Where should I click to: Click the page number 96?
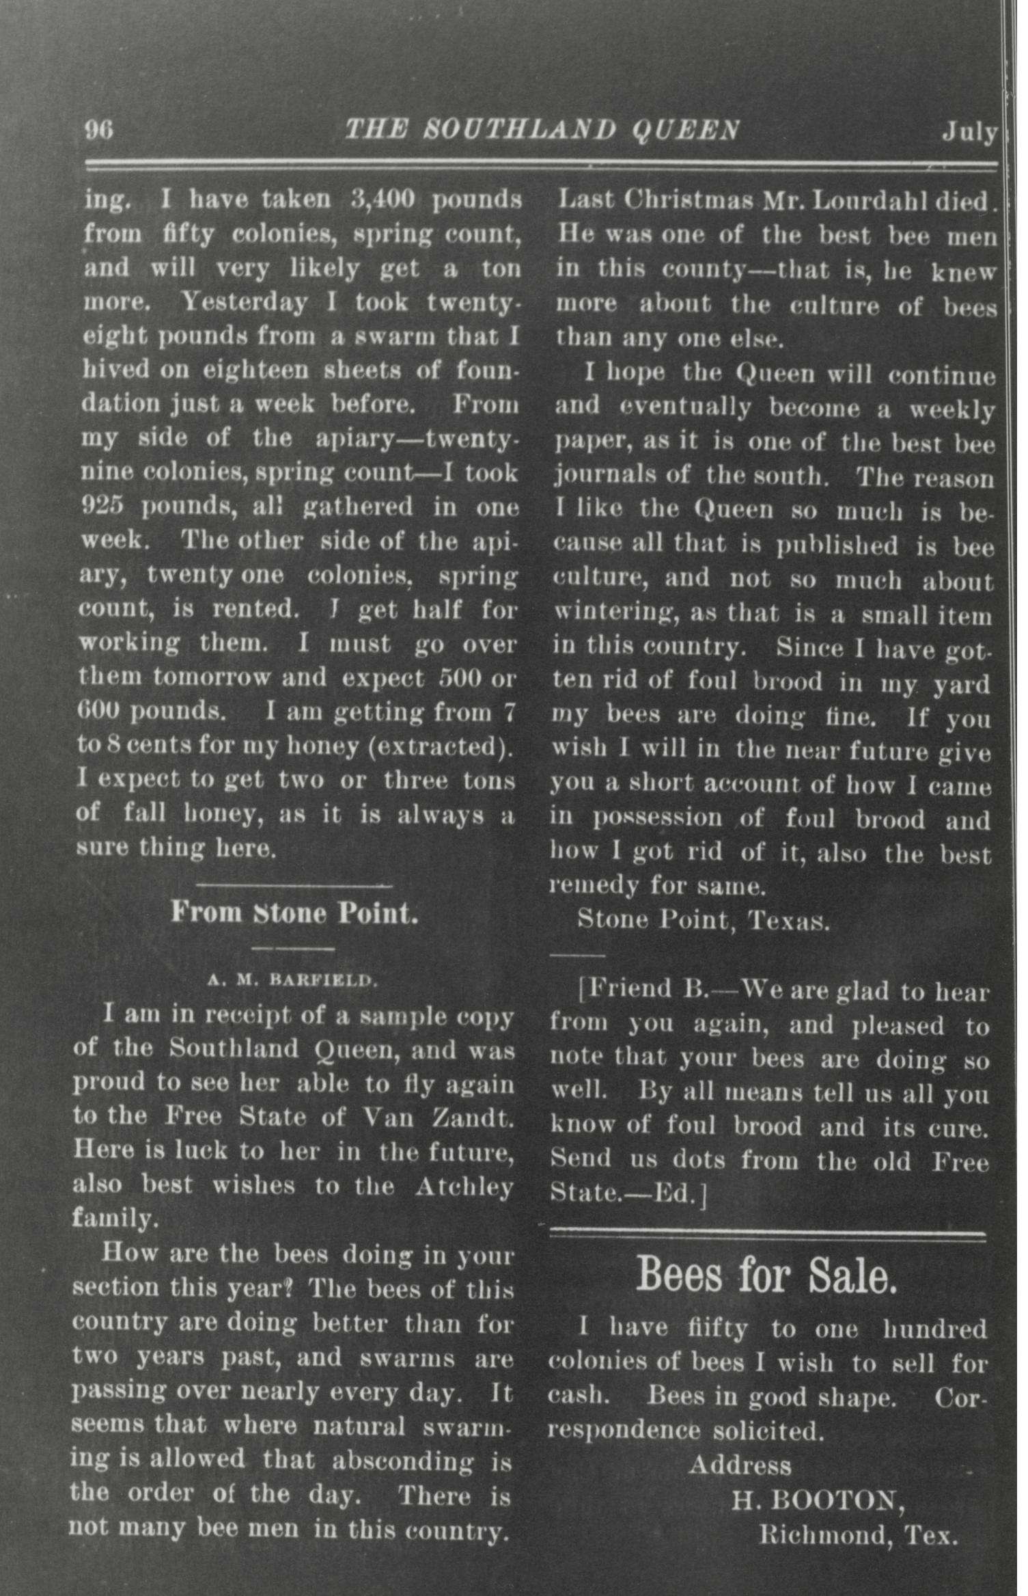[x=99, y=130]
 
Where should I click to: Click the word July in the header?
[x=969, y=131]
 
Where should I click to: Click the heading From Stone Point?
[x=294, y=912]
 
